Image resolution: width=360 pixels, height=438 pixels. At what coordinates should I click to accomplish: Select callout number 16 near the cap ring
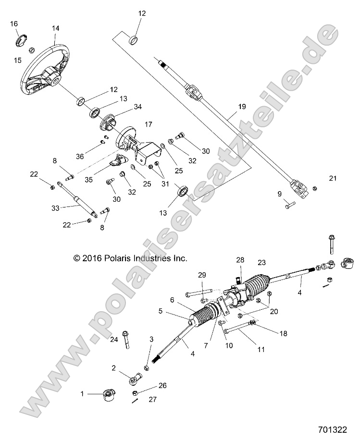click(14, 24)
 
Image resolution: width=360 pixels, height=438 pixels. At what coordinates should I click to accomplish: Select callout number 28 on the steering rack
click(240, 260)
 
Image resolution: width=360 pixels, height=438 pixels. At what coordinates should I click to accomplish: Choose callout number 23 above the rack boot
click(261, 263)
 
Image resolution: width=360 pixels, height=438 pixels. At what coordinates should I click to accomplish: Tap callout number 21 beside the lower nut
click(333, 178)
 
